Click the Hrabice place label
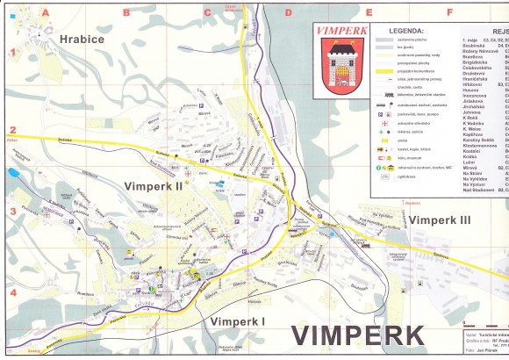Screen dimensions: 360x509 [82, 40]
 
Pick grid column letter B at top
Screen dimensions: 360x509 [126, 13]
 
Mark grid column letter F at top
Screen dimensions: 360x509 [449, 13]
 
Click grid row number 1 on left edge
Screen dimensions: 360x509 [13, 52]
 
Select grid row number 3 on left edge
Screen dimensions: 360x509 [13, 211]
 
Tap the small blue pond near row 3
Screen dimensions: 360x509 [15, 173]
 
